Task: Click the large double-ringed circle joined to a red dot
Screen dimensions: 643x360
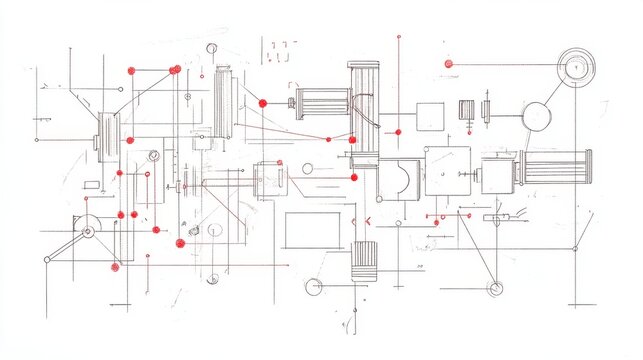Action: pos(575,66)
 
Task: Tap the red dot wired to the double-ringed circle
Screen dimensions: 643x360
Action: pos(448,64)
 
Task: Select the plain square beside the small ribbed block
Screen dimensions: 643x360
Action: pos(430,116)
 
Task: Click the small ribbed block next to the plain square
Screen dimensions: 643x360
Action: pos(467,110)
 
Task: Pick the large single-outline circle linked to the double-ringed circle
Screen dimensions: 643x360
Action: pos(537,116)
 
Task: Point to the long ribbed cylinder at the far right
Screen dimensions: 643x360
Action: pos(557,167)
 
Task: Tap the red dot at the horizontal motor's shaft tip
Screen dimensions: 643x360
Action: pos(263,103)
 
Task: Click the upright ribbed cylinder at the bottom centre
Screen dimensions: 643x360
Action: pos(364,260)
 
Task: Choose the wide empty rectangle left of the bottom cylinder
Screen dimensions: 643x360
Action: pos(313,230)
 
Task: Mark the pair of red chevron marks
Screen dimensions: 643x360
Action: pos(361,220)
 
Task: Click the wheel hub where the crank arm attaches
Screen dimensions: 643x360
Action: pos(87,232)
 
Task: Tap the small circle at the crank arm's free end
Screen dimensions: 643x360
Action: pos(46,260)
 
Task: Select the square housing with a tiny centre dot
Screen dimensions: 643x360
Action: pos(447,170)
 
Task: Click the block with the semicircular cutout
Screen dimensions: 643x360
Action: pos(399,179)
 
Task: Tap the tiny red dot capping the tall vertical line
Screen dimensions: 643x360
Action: pos(398,37)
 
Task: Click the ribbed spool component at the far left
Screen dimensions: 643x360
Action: pos(107,135)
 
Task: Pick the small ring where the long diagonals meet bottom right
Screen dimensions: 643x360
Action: pos(494,288)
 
